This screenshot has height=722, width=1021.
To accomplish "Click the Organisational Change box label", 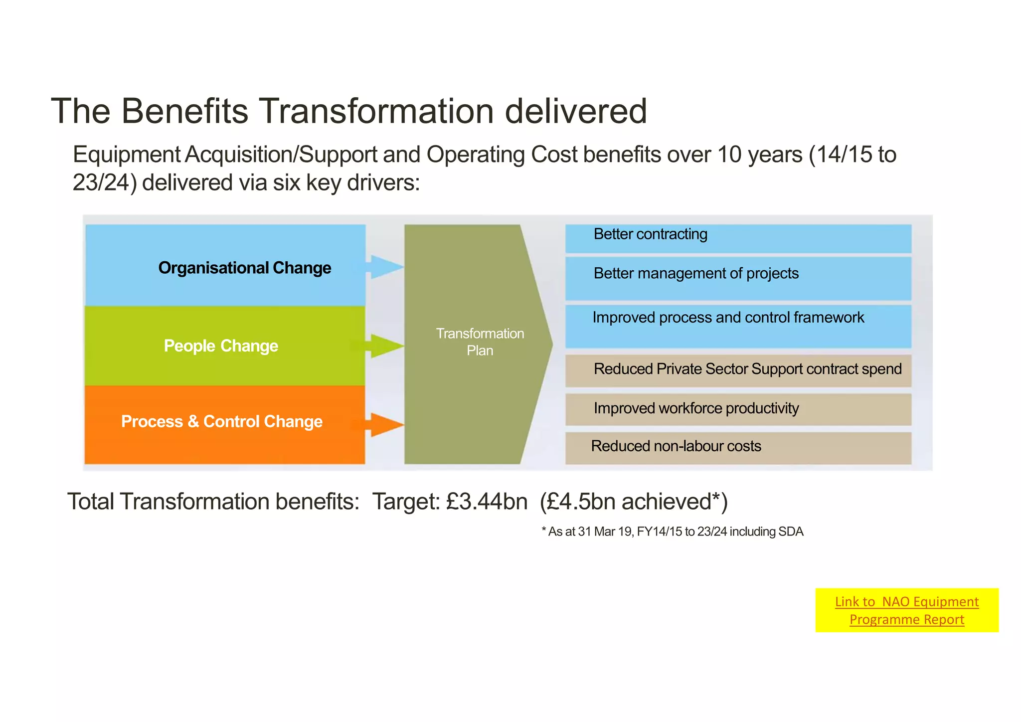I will point(244,268).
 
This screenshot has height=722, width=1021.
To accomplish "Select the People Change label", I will point(221,346).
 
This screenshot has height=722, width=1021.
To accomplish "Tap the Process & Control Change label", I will point(222,421).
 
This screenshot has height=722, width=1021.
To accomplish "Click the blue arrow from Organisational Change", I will point(385,267).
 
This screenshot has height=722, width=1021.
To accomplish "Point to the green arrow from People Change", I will point(385,346).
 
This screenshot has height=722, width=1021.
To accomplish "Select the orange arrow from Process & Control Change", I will point(385,425).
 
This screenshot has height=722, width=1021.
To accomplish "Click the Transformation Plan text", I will point(480,342).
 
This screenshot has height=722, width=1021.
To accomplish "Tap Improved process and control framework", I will point(728,318).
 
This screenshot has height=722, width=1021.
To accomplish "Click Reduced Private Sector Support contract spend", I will point(747,369).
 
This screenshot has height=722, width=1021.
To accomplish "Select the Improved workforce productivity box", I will point(696,408).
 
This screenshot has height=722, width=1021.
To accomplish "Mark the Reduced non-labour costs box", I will point(676,446).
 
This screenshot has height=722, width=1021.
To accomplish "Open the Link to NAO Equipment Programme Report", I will point(906,610).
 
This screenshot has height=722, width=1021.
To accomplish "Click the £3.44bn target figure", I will point(487,502).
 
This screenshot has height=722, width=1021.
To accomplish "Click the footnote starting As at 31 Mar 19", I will point(673,532).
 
